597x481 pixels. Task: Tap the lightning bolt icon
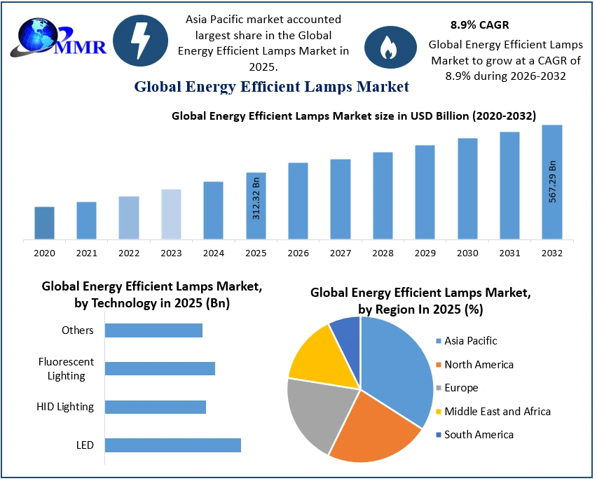[140, 41]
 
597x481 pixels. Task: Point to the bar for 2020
[44, 223]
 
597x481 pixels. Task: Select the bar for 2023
[171, 214]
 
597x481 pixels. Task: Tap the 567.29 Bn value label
[552, 181]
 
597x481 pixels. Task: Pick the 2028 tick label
[383, 253]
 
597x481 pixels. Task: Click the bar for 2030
[467, 188]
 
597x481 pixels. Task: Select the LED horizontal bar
[172, 445]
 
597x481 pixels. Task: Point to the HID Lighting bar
[156, 407]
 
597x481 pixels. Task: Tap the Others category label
[77, 330]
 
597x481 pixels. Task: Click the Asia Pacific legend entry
[470, 341]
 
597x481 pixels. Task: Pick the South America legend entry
[479, 435]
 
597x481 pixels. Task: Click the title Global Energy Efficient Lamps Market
[271, 87]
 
